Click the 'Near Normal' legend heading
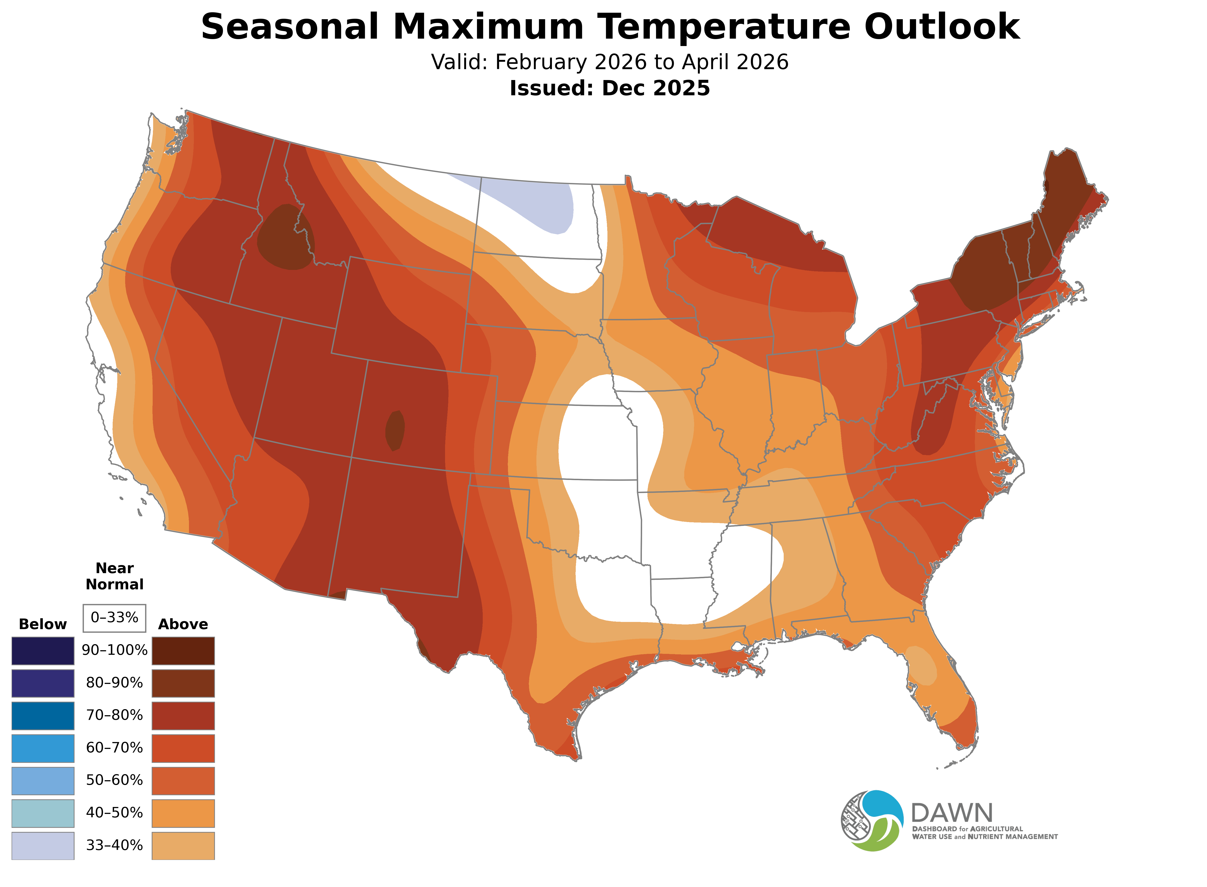click(114, 576)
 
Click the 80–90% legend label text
click(114, 683)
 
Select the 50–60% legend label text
click(114, 780)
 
